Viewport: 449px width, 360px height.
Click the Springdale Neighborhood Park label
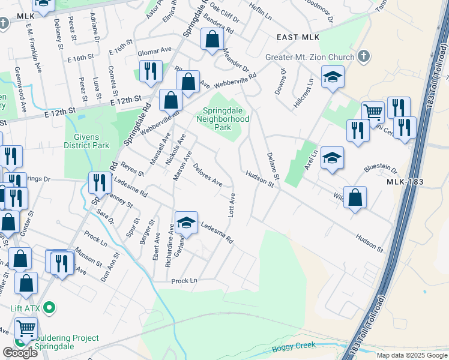click(x=223, y=119)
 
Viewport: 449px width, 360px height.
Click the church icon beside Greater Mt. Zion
click(x=363, y=57)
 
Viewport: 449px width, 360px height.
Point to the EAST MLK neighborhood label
click(x=298, y=37)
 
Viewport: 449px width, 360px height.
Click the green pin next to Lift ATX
click(x=50, y=308)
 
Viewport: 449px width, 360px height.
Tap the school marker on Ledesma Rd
click(x=187, y=221)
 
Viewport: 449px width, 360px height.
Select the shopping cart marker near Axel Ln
click(x=373, y=112)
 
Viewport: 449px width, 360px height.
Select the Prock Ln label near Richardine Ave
click(x=184, y=281)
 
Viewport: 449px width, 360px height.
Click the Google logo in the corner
click(x=20, y=353)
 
